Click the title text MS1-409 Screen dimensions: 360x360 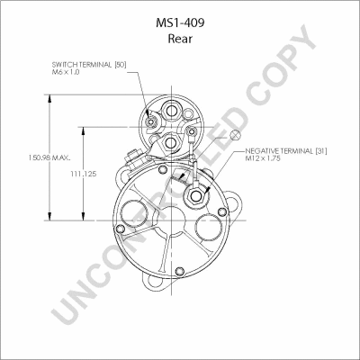[x=180, y=22]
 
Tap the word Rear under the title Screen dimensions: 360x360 [x=180, y=39]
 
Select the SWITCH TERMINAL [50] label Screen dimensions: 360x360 [x=89, y=65]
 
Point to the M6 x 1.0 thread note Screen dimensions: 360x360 [x=66, y=72]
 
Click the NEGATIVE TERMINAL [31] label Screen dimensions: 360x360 [x=286, y=151]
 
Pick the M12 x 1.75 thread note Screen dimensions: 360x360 [x=263, y=158]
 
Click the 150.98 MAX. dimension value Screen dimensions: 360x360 [x=49, y=157]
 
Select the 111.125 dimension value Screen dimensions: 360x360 [x=84, y=174]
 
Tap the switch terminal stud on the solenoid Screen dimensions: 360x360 [x=150, y=121]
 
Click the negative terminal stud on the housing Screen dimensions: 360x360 [x=196, y=196]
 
